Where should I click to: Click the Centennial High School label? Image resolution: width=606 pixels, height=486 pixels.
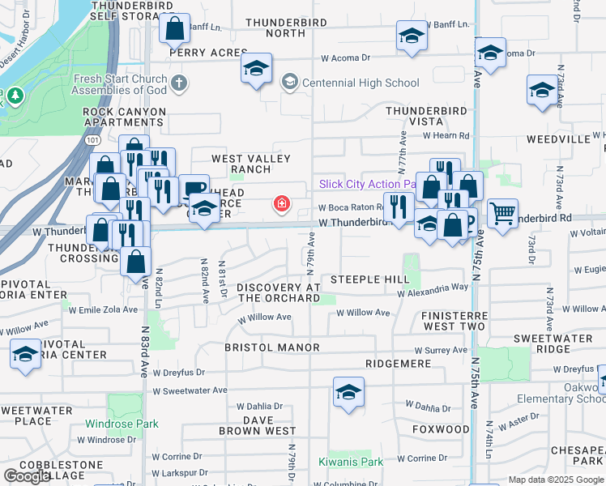coord(361,83)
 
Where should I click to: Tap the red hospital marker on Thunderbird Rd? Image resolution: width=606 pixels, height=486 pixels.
coord(282,203)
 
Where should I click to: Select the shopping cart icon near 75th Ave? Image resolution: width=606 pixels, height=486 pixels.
coord(502,214)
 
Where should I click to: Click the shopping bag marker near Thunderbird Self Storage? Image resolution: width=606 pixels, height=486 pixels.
coord(175,30)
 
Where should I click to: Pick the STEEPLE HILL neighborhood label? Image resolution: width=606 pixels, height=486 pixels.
coord(369,279)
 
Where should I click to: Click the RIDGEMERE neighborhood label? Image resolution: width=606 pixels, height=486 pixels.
coord(397,364)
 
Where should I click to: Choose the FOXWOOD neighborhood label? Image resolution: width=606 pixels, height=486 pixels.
coord(441,428)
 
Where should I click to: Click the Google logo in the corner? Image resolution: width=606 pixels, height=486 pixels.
coord(27,475)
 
